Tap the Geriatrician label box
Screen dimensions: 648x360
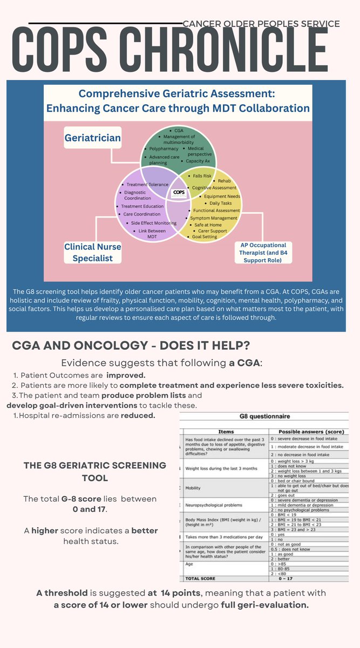point(93,138)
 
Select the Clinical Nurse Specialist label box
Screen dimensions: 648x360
point(93,252)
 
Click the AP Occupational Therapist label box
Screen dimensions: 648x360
point(264,252)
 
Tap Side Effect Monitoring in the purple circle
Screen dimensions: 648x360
point(153,223)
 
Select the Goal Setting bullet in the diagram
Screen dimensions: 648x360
point(205,237)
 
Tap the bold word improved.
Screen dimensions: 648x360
point(126,375)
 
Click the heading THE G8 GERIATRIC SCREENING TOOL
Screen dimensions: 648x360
point(95,471)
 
